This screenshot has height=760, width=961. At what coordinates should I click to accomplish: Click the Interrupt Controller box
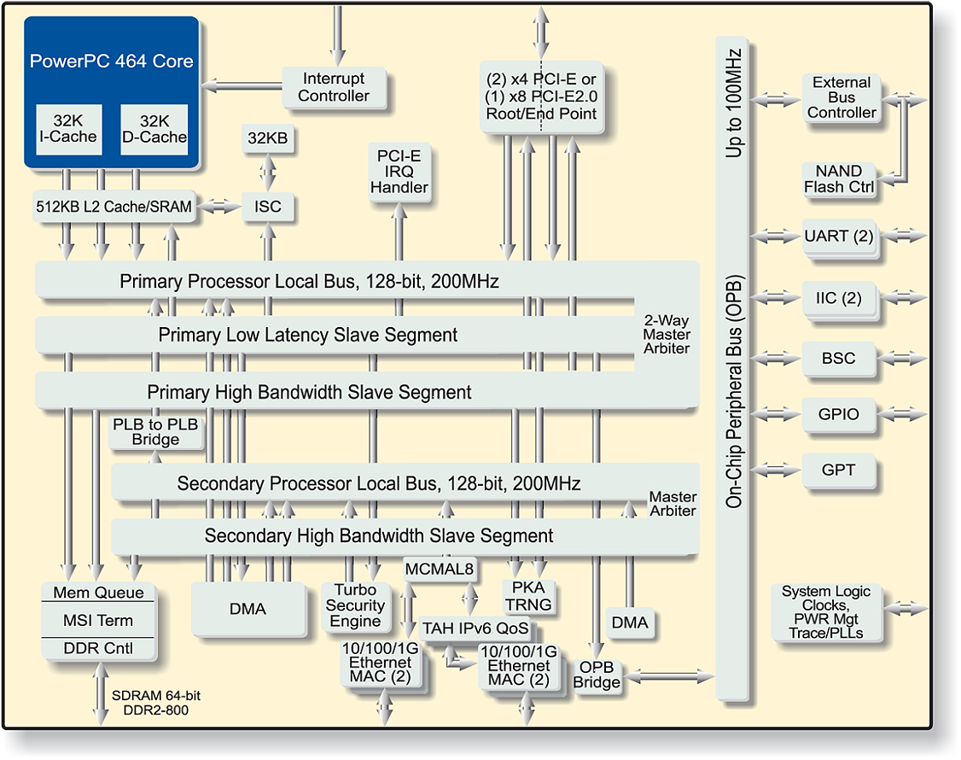(334, 87)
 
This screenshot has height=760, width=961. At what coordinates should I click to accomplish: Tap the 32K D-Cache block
(153, 129)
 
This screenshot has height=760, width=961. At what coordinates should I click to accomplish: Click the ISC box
(268, 207)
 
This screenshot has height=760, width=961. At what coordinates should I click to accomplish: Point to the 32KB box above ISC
(268, 137)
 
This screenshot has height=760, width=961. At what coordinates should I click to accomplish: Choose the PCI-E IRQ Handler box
(399, 172)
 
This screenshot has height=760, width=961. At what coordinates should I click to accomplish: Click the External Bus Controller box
(841, 97)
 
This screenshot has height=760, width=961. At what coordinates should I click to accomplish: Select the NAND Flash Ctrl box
(839, 179)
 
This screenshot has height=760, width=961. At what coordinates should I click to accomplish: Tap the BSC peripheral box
(838, 359)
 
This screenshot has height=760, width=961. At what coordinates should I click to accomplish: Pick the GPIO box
(838, 415)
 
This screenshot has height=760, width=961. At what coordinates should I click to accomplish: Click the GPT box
(838, 471)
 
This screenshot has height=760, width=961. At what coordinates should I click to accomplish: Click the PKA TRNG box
(528, 596)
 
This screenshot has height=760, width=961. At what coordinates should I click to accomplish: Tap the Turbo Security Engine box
(355, 605)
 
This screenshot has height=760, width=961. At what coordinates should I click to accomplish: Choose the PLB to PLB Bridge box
(155, 432)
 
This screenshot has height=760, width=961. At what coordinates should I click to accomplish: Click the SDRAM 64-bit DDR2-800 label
(150, 703)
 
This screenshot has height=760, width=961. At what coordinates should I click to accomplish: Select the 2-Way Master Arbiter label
(667, 335)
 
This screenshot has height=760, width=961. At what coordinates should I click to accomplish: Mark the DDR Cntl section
(98, 649)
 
